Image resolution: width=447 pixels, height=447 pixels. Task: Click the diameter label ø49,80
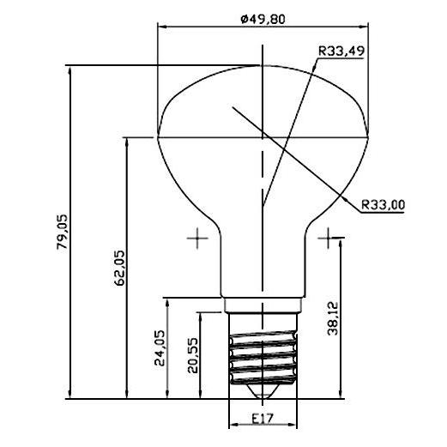(x=263, y=19)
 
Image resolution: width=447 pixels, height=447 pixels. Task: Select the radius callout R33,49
(x=341, y=51)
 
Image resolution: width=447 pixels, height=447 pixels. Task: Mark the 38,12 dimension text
(x=334, y=319)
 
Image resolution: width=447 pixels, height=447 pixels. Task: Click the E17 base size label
(x=263, y=420)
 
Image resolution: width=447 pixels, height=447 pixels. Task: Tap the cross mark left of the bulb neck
(x=198, y=238)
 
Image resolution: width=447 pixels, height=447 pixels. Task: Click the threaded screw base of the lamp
(x=263, y=353)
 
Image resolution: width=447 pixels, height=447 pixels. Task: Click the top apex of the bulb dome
(x=263, y=65)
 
